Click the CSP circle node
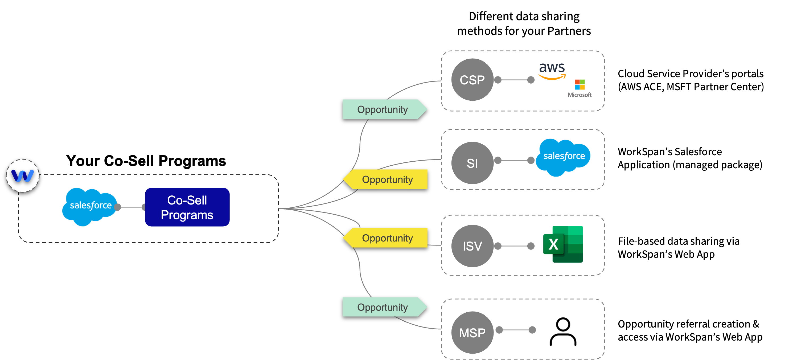click(472, 80)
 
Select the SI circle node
click(472, 163)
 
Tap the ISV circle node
click(472, 246)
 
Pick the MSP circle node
click(472, 333)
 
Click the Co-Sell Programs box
click(187, 207)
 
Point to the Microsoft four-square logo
click(580, 84)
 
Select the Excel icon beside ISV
click(563, 244)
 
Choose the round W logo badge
click(22, 175)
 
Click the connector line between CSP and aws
click(514, 80)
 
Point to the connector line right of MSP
click(516, 330)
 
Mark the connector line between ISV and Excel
click(514, 246)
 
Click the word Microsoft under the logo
click(580, 95)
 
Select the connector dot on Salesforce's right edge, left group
click(117, 207)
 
